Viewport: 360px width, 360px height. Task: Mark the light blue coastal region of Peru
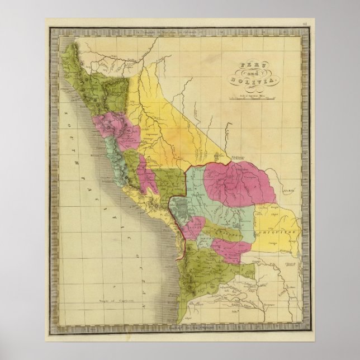[119, 162]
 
